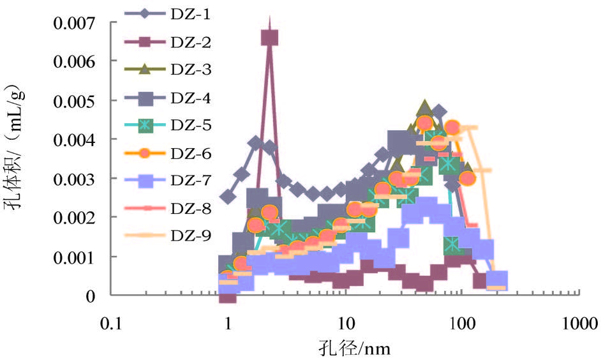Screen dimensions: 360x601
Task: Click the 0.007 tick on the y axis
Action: point(75,24)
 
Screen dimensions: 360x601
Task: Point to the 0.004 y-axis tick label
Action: point(75,140)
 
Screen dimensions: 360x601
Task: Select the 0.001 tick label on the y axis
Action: point(75,257)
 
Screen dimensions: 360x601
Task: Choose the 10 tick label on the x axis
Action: point(345,324)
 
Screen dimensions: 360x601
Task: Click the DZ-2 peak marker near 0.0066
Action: point(270,38)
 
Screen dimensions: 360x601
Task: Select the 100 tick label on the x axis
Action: point(462,324)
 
